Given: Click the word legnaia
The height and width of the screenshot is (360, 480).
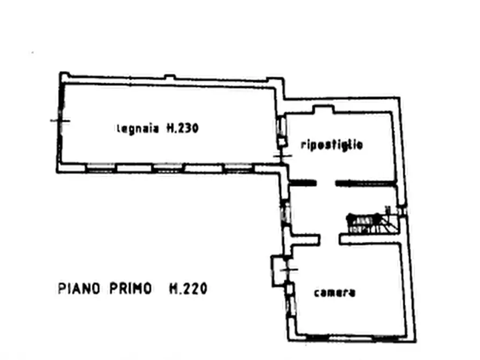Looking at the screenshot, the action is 138,128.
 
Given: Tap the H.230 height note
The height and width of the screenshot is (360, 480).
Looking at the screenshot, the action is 182,128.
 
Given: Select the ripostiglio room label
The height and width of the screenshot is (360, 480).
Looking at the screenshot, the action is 332,145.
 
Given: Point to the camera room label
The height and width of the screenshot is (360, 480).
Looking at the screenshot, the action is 334,293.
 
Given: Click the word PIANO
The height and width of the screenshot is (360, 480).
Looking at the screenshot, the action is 79,289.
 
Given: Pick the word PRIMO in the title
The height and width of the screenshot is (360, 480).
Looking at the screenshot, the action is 131,289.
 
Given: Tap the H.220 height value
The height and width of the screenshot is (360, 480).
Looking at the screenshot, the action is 188,289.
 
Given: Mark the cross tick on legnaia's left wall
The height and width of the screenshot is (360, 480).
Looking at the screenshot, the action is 60,121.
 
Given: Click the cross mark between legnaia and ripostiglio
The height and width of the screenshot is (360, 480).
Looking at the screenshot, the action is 282,156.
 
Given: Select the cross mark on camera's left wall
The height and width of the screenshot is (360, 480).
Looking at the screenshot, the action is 288,270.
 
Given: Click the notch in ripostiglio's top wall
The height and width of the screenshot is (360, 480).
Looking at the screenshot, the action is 323,109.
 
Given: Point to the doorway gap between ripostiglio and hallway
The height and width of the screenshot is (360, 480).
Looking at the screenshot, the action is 326,183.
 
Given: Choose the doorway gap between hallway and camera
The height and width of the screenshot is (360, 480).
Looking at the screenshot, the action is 329,240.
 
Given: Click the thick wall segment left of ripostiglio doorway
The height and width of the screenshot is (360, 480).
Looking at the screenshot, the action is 303,183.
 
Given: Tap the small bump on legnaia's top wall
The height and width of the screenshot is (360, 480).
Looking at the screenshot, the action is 170,77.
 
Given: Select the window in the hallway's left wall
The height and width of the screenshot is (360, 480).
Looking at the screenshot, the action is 285,213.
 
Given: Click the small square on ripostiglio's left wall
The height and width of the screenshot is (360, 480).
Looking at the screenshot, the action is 282,142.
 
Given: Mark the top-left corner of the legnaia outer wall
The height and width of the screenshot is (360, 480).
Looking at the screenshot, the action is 60,73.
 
